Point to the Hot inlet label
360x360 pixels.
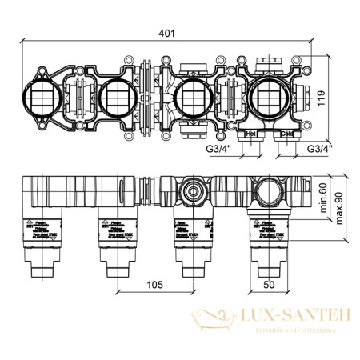250,134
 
